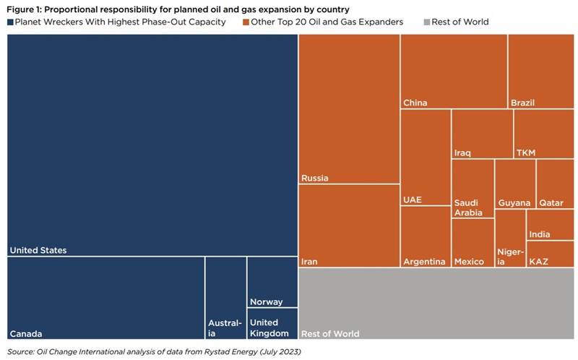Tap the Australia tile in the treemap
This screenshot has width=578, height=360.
pos(225,298)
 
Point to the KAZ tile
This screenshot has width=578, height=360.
pos(551,254)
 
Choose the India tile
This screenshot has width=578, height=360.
pos(551,225)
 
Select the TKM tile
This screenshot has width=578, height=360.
pos(543,134)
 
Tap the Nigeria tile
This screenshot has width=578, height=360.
pos(510,239)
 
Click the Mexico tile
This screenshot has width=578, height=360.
pos(473,243)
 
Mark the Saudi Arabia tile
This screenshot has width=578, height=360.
pos(473,189)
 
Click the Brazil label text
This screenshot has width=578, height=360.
pos(522,103)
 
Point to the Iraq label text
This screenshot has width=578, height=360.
pos(462,153)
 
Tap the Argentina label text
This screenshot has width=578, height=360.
pos(424,262)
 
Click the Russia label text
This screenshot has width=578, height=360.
pos(315,178)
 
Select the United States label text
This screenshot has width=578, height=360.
pos(38,250)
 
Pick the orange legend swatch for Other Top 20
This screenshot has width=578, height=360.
pos(246,22)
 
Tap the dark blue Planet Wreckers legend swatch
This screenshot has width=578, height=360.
pos(10,22)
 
